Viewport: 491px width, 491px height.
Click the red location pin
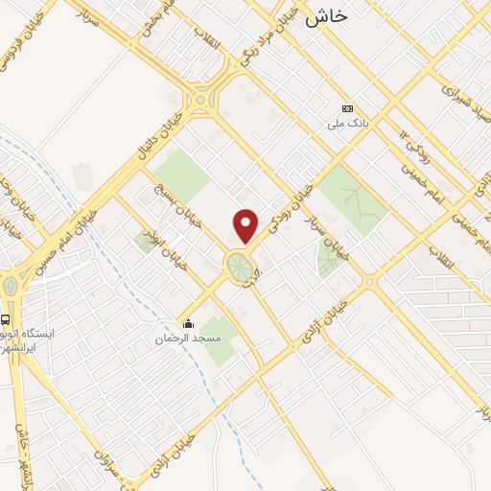(246, 225)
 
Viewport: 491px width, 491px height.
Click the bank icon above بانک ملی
(347, 108)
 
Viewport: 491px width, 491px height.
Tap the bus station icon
(8, 319)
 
